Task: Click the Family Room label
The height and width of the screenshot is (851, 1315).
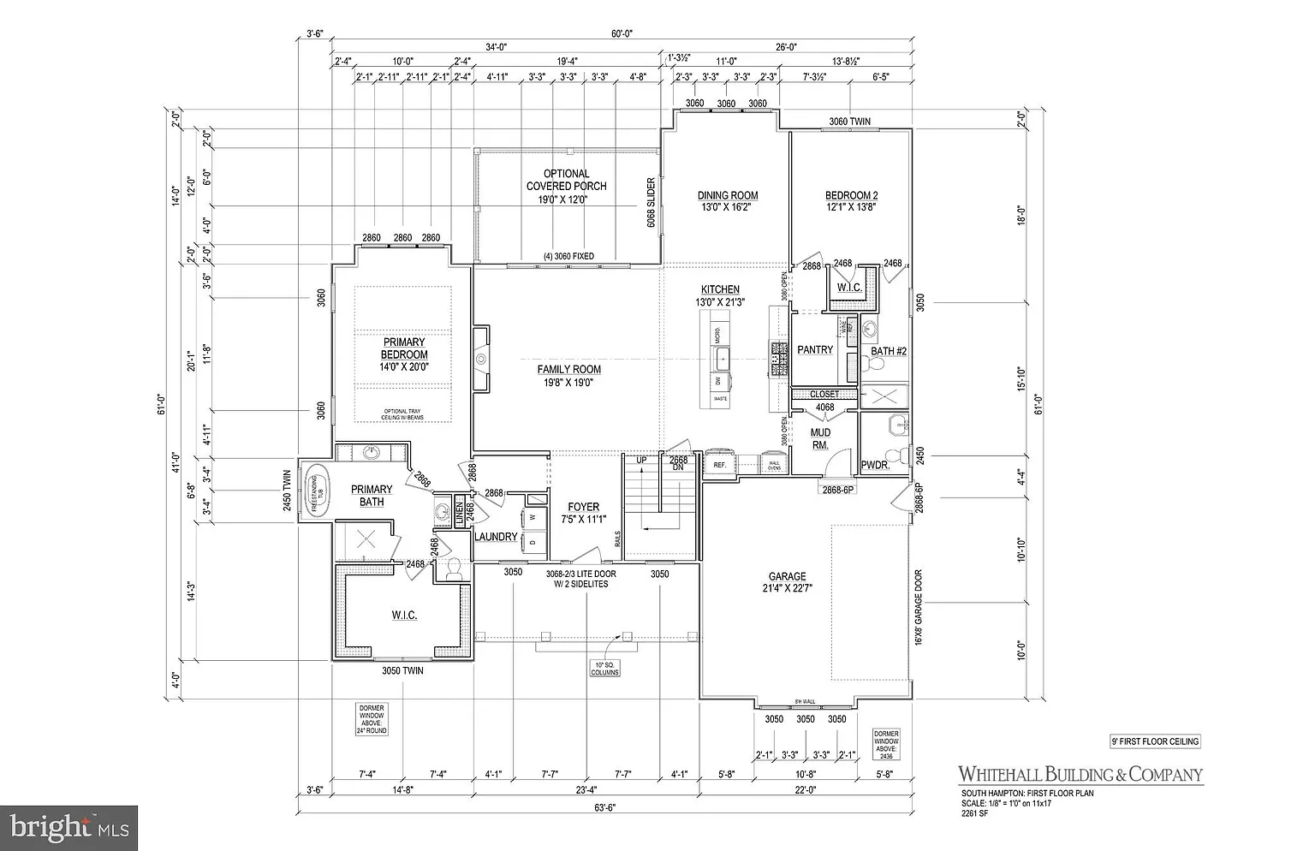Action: [x=568, y=376]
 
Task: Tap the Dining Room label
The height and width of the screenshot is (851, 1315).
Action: [x=728, y=200]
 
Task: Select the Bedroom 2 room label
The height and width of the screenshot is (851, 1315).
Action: [x=851, y=200]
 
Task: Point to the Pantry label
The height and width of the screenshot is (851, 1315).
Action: [x=814, y=349]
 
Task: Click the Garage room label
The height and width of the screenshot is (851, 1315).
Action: [x=787, y=582]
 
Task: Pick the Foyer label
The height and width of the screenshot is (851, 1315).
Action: [x=583, y=513]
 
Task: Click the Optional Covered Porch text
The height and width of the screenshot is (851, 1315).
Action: [x=566, y=186]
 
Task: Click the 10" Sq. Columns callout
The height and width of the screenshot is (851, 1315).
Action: [x=604, y=668]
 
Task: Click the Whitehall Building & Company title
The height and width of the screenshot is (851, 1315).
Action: [x=1080, y=774]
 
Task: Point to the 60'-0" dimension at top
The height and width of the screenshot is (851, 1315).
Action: [x=621, y=34]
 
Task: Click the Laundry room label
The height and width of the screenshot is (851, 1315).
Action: [x=496, y=537]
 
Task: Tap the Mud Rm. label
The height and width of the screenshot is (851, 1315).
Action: [x=819, y=438]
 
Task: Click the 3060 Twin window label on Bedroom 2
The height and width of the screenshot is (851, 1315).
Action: [x=849, y=122]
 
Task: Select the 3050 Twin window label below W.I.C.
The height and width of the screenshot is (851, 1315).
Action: [x=402, y=670]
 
